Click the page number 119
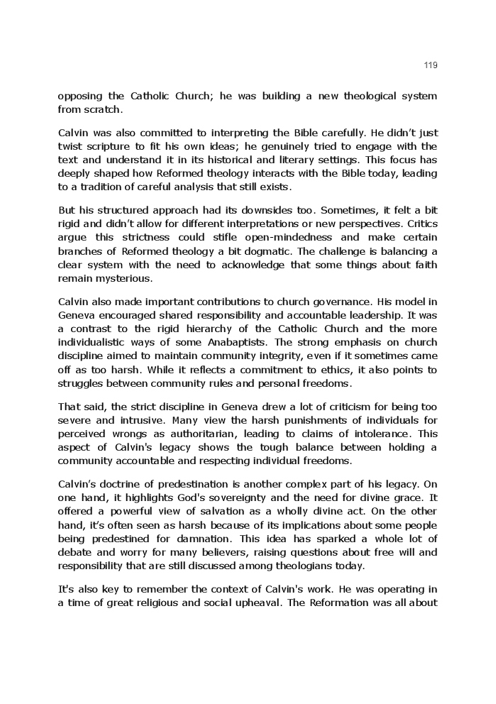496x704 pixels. pos(431,65)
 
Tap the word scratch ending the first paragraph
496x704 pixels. pos(106,110)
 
